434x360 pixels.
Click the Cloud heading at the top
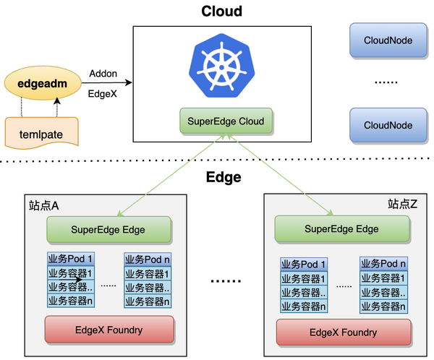221,12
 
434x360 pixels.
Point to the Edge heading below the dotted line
224,177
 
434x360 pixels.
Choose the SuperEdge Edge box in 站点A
109,230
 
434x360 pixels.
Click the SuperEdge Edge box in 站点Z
337,229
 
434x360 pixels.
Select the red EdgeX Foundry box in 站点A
109,330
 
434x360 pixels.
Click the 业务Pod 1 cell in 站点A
71,260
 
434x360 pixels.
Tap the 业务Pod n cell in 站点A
147,260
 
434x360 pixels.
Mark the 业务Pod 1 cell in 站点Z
304,265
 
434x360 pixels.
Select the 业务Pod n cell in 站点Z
383,264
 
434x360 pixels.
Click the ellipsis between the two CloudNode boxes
386,83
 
